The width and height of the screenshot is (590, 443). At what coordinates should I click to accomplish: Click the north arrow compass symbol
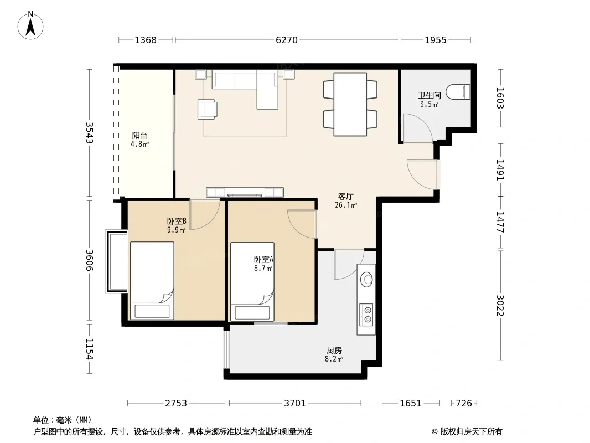pos(30,25)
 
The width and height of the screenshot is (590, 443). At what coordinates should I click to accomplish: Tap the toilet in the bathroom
pos(458,92)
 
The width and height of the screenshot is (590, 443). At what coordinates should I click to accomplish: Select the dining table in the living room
pos(350,104)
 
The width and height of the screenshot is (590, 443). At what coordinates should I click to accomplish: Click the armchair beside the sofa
pos(207,110)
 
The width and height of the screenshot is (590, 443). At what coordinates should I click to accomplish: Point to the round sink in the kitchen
pos(366,279)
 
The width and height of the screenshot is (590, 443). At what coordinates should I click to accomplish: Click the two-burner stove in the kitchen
pos(366,315)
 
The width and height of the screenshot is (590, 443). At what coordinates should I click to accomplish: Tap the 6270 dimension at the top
pos(287,40)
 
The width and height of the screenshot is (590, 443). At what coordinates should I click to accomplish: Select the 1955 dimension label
pos(436,40)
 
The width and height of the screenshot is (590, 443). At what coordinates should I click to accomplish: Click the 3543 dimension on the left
pos(89,133)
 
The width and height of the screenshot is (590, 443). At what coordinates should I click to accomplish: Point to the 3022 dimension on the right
pos(500,305)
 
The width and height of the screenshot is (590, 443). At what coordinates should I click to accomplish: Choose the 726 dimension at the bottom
pos(464,403)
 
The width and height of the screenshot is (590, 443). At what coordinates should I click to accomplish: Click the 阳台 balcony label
pos(139,135)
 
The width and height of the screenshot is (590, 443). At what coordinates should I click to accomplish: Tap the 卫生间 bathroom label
pos(429,95)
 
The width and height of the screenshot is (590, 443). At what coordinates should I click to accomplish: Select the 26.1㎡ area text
pos(346,205)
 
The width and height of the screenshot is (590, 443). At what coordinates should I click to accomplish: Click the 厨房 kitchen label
pos(334,350)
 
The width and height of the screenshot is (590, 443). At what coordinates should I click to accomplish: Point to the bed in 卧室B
pos(152,281)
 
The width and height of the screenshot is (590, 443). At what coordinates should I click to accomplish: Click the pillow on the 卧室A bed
pos(252,313)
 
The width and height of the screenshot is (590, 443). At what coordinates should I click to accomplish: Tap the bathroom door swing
pos(418,128)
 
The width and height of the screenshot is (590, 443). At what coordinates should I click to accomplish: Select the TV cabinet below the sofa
pos(245,192)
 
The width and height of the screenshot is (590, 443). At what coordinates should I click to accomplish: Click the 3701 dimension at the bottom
pos(295,403)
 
